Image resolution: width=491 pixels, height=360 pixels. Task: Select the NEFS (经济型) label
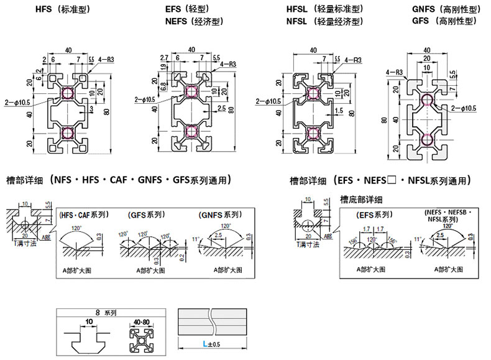pos(190,22)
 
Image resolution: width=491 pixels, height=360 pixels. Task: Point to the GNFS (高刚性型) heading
pos(444,10)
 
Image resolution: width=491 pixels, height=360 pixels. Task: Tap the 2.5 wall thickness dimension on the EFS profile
pos(222,109)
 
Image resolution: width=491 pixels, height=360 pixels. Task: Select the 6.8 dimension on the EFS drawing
pos(163,86)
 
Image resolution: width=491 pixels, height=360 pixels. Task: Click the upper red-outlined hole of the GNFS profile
pos(427,101)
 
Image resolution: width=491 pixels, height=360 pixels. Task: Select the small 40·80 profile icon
pos(142,339)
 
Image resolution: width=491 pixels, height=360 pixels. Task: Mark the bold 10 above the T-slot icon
pos(89,321)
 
